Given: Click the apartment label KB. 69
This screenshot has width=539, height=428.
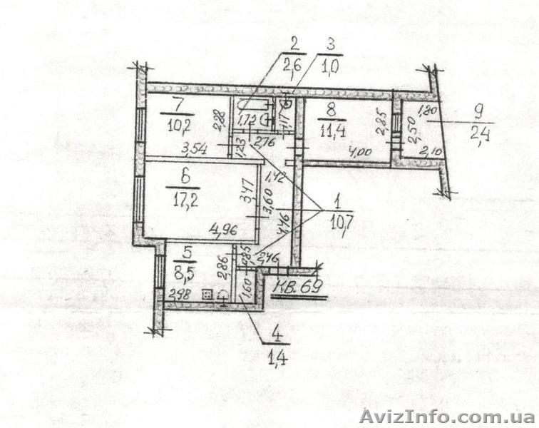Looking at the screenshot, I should (300, 287).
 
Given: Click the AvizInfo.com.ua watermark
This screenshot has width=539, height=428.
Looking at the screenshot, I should (446, 416).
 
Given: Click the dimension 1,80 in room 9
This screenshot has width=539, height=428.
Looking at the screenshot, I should (426, 111).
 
